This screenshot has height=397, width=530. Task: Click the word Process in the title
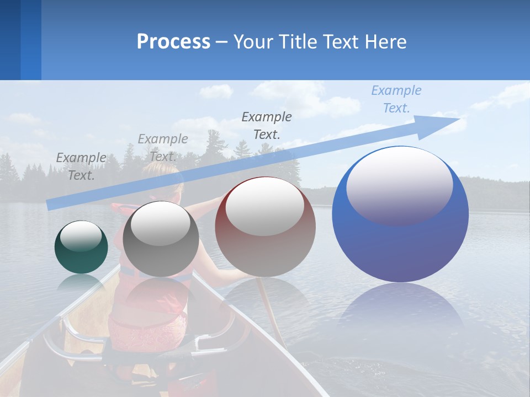click(173, 41)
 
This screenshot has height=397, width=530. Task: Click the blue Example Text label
click(396, 99)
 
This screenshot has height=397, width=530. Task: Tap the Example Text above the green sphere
click(81, 166)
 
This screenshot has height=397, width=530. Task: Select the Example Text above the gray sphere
click(163, 147)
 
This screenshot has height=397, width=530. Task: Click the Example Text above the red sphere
click(267, 125)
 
